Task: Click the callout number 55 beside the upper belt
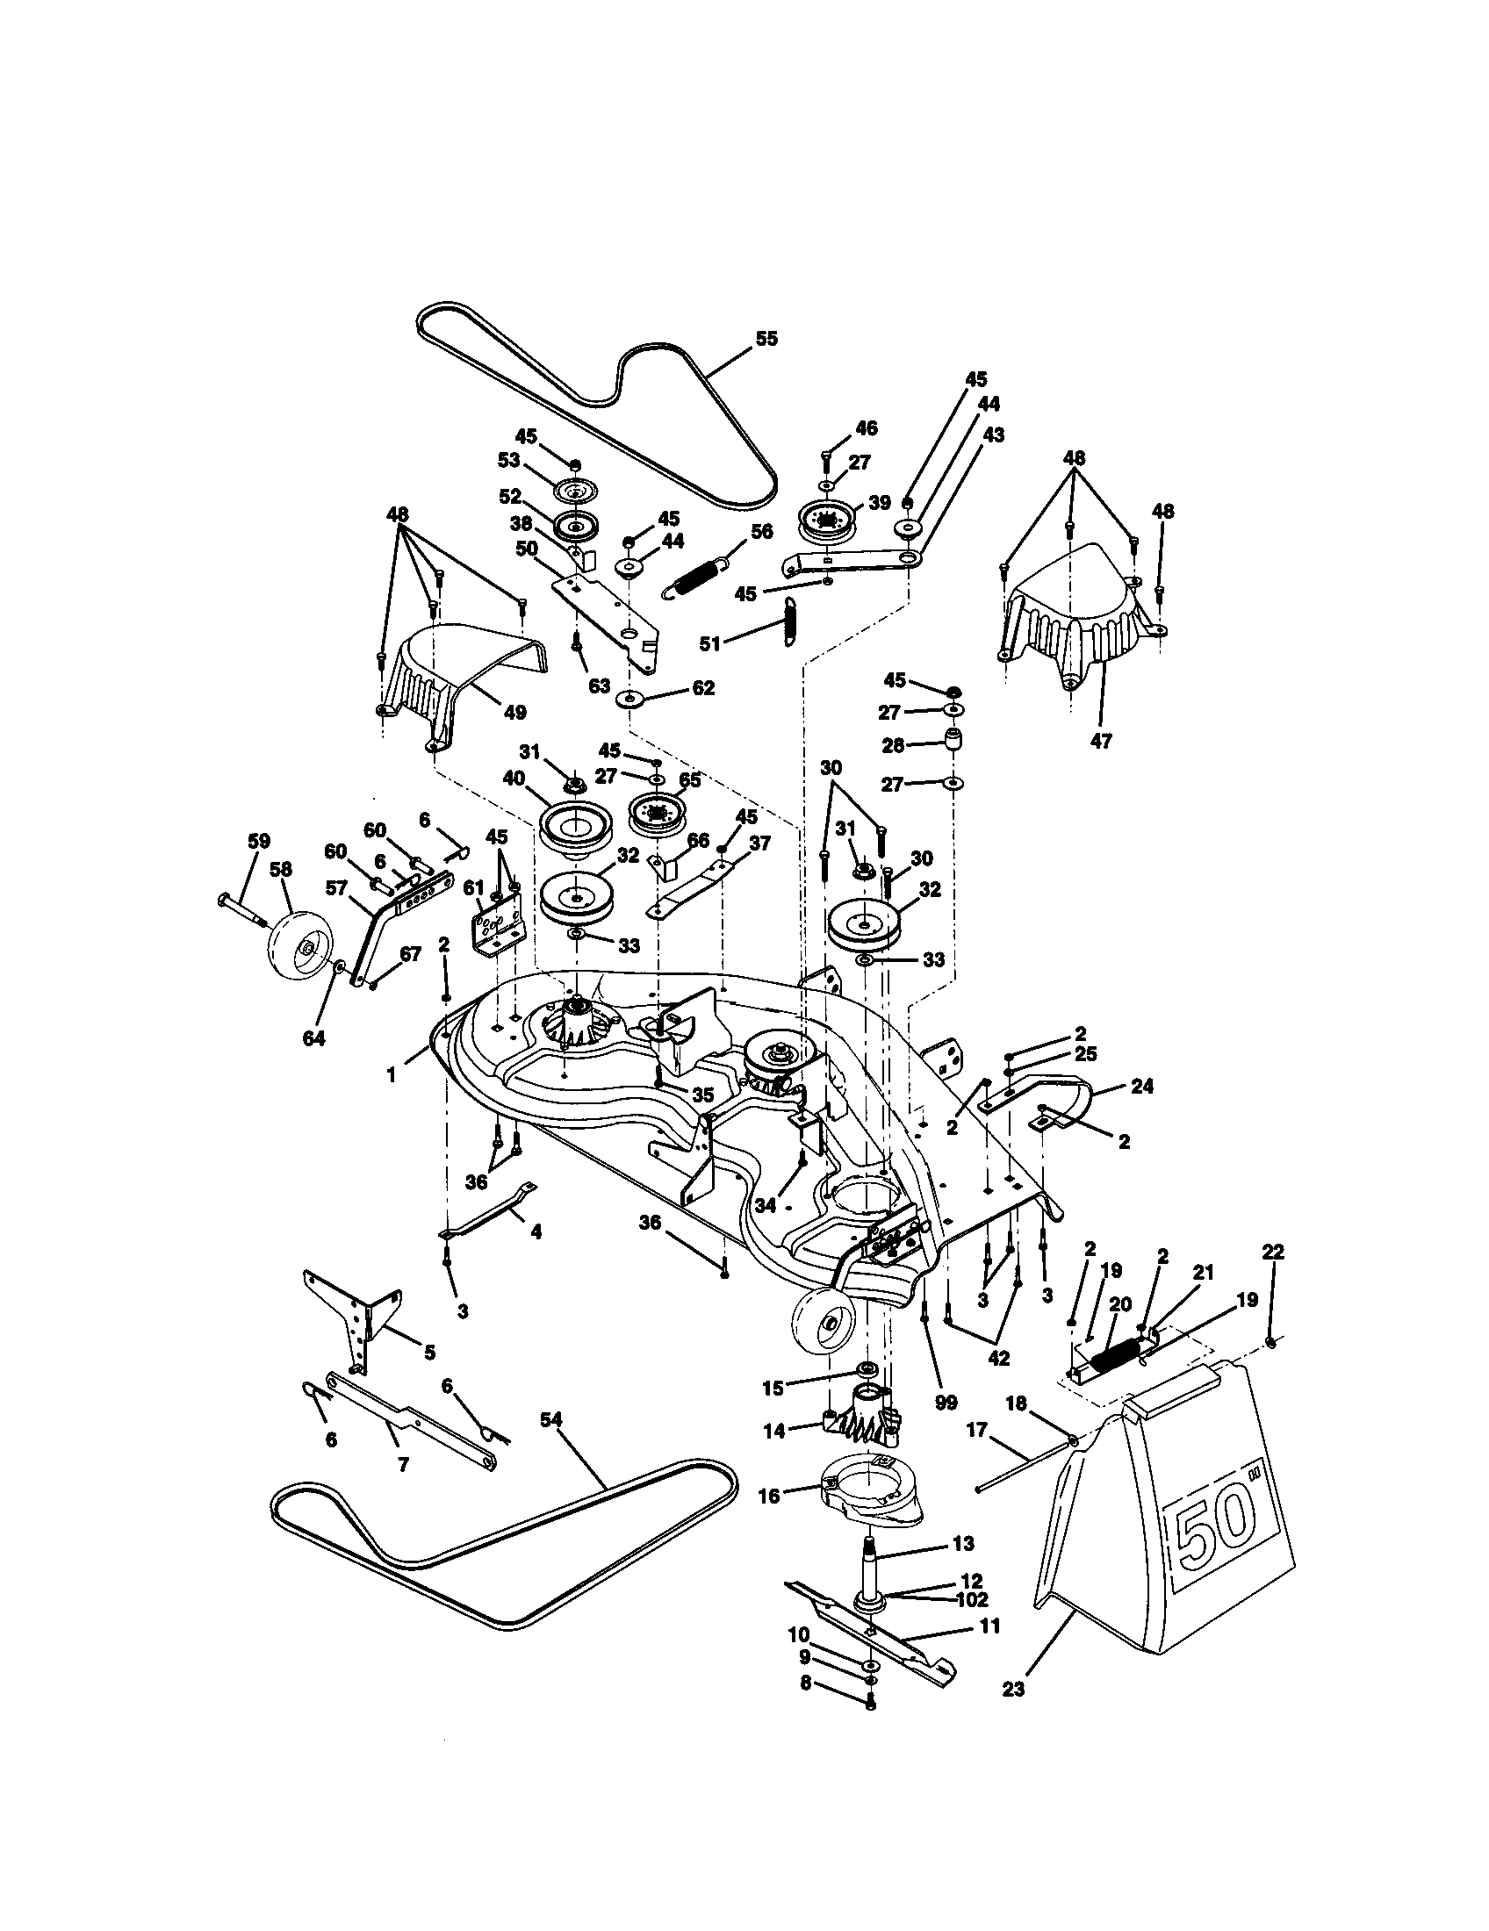766,339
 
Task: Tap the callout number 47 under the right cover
1101,740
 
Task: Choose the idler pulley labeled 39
829,520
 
